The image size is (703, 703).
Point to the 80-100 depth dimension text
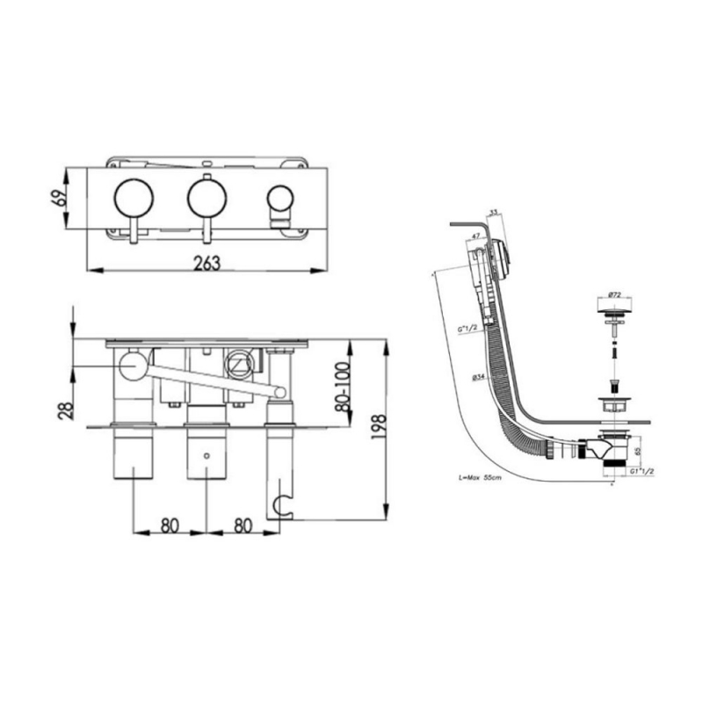pos(344,387)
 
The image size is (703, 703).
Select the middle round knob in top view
pos(206,199)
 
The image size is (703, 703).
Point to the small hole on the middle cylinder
pos(206,457)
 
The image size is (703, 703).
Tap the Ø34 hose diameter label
pos(478,376)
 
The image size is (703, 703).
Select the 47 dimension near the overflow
pos(475,236)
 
